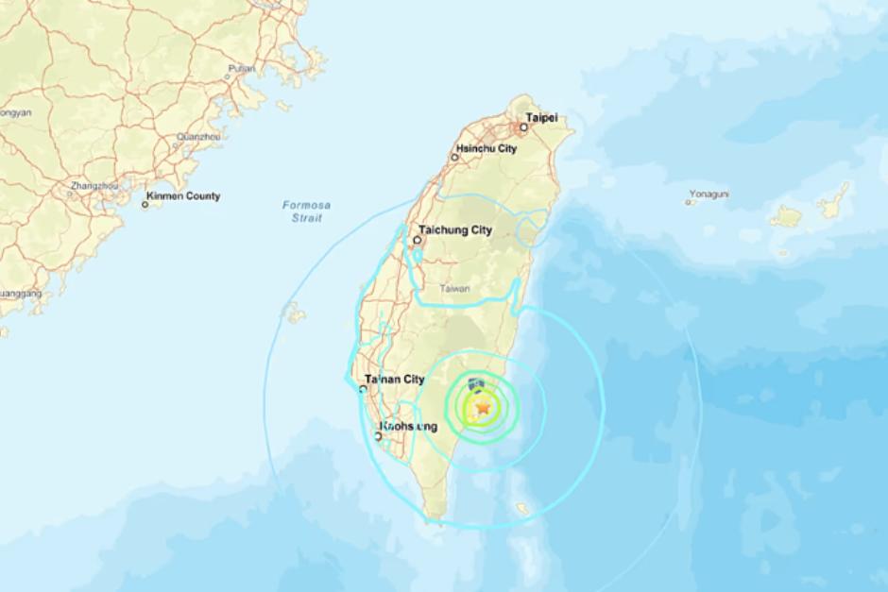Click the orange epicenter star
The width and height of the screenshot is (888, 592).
click(484, 408)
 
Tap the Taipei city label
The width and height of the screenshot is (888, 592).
click(541, 118)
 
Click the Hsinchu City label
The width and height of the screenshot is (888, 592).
click(487, 149)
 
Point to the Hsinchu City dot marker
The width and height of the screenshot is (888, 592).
click(454, 157)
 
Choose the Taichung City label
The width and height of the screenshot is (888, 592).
click(456, 229)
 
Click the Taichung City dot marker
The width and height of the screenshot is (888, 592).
click(418, 240)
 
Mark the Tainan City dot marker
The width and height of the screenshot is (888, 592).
click(365, 387)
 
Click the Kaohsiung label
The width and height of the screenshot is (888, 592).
click(410, 427)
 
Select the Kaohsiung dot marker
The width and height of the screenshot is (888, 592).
click(378, 435)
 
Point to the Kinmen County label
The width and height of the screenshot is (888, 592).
click(185, 196)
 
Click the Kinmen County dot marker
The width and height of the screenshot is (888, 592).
click(145, 203)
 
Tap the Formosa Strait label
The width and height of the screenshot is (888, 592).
click(300, 211)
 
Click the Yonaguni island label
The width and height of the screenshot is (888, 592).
click(709, 195)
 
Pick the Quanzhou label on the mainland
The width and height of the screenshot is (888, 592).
click(201, 136)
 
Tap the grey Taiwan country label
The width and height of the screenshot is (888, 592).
click(454, 289)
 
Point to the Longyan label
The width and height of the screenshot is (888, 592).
click(15, 112)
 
